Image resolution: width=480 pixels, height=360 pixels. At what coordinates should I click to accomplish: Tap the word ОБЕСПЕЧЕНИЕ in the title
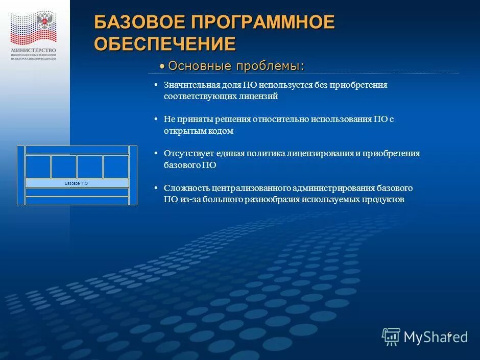164,43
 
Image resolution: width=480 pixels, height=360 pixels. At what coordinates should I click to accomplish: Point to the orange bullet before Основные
162,67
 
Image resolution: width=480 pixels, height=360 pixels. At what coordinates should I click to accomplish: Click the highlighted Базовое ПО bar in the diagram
77,183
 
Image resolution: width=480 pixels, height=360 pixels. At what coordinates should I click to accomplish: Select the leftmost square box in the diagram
38,166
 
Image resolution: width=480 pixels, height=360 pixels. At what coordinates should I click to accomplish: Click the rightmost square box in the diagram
116,166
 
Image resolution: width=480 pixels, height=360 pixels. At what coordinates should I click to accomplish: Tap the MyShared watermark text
435,337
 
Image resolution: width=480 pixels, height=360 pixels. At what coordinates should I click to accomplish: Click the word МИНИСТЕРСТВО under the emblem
33,50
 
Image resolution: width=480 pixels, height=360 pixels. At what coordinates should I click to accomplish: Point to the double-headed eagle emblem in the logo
45,22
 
